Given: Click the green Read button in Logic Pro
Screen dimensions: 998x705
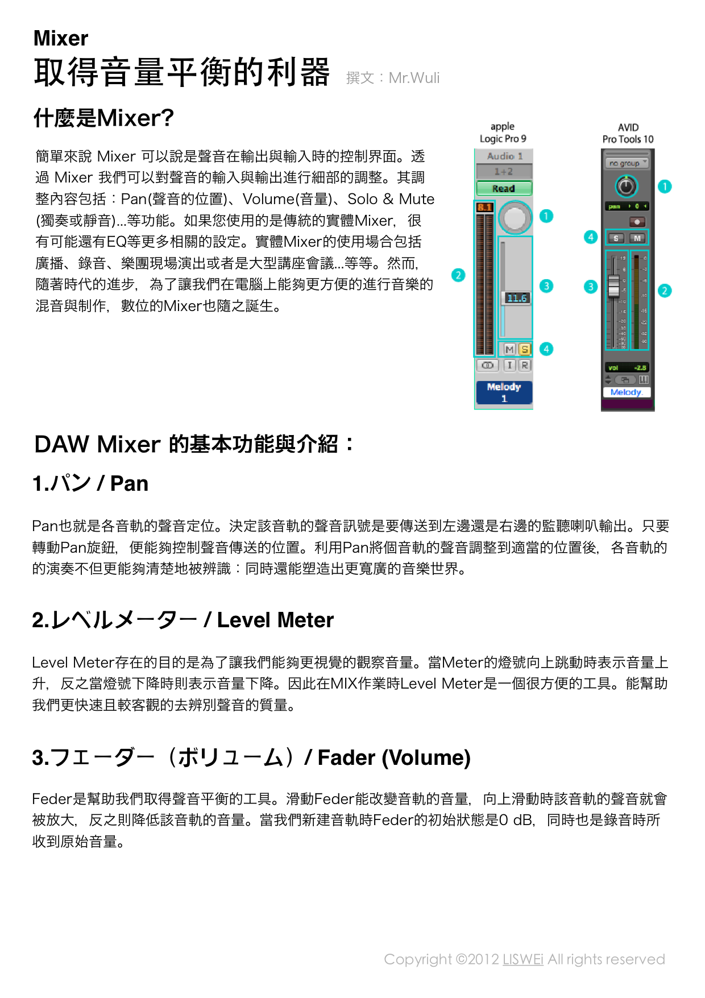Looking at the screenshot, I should tap(504, 188).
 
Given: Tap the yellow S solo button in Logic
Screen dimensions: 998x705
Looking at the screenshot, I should tap(525, 349).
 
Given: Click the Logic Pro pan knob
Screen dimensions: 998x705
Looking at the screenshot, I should tap(515, 217).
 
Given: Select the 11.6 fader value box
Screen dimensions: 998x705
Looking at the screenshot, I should tap(517, 298).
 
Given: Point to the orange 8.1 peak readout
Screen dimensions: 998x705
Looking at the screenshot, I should tap(484, 207).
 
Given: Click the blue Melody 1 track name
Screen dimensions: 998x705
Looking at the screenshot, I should tap(504, 392).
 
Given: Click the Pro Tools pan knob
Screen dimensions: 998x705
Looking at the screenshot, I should tap(626, 186).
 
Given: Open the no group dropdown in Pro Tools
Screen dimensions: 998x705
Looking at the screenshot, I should tap(628, 163).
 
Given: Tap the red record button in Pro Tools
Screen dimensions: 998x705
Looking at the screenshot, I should tap(637, 222).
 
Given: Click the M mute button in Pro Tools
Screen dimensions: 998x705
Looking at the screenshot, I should tap(637, 238).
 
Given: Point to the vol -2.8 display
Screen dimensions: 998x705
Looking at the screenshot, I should tap(627, 368).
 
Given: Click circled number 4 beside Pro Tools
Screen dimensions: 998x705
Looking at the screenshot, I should tap(591, 237).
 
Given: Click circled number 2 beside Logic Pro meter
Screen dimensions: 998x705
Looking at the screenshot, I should tap(458, 275).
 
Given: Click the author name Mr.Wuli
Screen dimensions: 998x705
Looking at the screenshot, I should tap(414, 78).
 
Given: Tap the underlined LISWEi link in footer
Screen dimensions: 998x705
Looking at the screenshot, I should tap(522, 959).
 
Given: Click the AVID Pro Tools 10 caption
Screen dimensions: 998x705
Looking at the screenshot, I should tap(628, 134).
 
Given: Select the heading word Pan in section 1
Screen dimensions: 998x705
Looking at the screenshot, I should tap(129, 483).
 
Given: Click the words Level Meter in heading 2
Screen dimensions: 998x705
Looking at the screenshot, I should tap(275, 620).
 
